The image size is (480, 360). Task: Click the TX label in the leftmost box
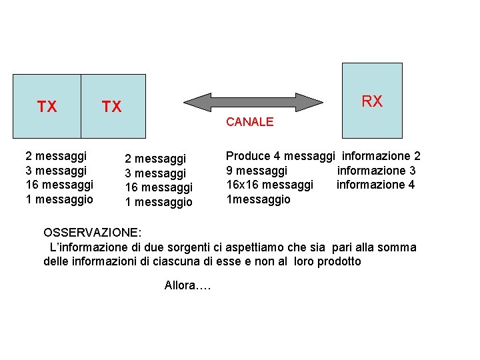point(47,107)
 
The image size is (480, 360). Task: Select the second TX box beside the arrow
point(113,106)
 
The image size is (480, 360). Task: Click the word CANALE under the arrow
point(249,122)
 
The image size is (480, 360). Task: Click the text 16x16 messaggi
point(269,185)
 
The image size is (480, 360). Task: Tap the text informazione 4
point(375,185)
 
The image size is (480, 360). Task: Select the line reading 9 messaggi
point(257,171)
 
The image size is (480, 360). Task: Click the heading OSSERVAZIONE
point(92,233)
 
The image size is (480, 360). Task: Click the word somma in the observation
point(399,247)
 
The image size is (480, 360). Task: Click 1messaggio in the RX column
point(258,199)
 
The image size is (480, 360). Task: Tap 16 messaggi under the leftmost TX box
point(59,185)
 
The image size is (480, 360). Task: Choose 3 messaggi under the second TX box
point(155,173)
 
